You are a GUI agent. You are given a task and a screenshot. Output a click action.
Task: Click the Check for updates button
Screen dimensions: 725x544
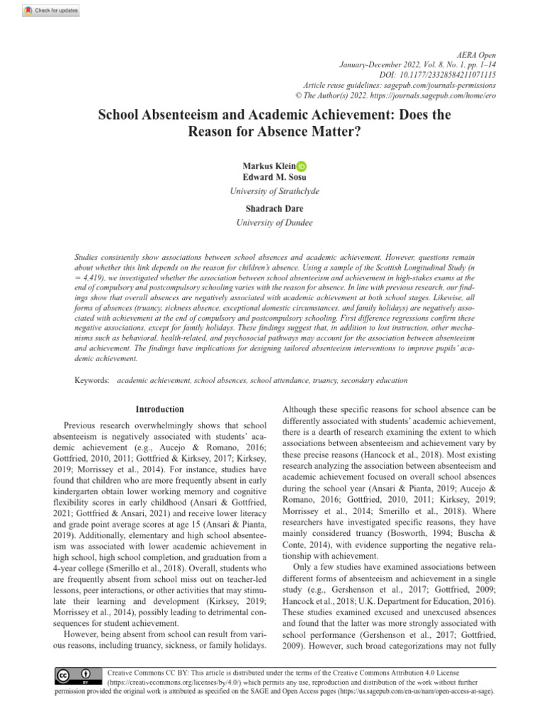point(51,11)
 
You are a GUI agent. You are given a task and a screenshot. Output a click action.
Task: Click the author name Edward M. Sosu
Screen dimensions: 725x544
point(272,177)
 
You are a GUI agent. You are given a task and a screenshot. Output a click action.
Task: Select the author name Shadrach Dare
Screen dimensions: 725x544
point(272,210)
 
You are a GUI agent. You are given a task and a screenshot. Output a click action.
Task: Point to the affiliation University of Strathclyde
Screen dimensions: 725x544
point(272,191)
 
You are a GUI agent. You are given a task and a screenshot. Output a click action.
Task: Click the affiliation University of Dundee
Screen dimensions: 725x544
point(272,223)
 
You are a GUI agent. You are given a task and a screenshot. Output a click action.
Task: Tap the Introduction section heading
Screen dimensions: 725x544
point(159,409)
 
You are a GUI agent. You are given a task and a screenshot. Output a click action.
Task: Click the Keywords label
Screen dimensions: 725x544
point(92,380)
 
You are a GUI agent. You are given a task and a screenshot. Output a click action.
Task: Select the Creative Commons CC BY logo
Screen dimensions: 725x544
point(73,675)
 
